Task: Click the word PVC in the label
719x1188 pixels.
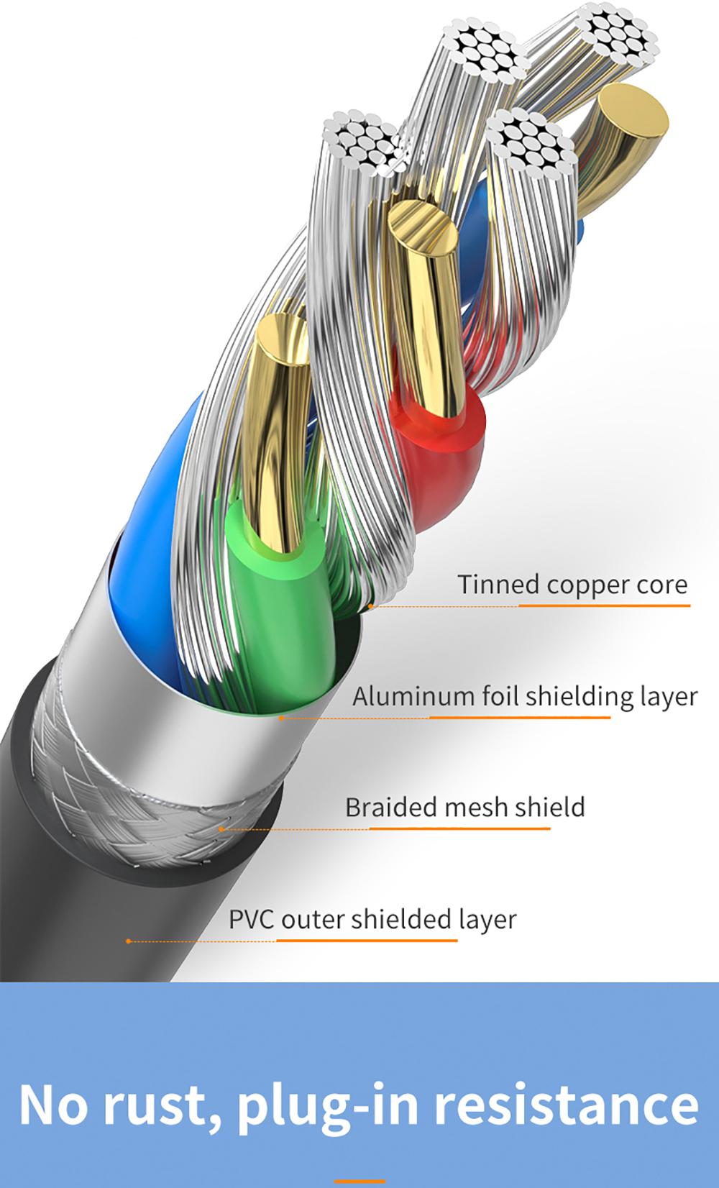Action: [251, 919]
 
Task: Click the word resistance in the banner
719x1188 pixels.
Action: [566, 1106]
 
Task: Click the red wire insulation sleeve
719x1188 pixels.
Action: [439, 460]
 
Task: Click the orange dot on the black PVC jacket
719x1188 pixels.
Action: [128, 941]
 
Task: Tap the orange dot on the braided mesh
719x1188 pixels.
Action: [221, 829]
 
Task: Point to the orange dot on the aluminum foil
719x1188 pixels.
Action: [281, 718]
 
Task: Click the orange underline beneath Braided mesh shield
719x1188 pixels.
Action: [459, 829]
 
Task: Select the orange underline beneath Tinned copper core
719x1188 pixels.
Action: [604, 606]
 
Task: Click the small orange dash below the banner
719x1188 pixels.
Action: [359, 1181]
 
